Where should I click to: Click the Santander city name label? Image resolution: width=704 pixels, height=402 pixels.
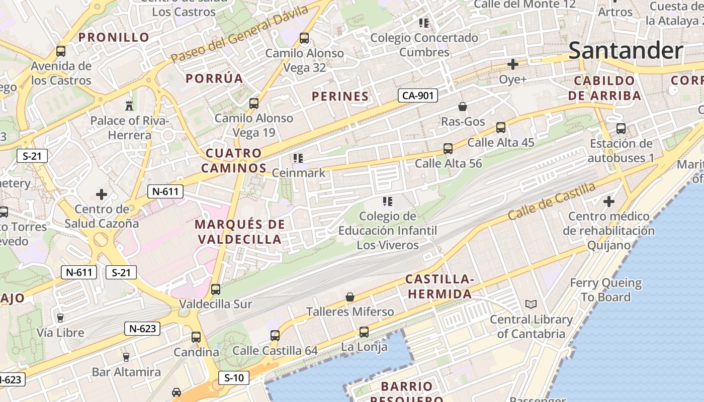(x=626, y=51)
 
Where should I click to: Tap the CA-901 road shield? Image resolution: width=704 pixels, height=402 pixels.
(x=417, y=95)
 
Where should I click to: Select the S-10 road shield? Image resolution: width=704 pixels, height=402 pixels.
(x=234, y=378)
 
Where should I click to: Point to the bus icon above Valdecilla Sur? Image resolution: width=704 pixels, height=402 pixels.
(x=216, y=289)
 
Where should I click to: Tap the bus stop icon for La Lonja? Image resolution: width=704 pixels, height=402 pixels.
(x=364, y=332)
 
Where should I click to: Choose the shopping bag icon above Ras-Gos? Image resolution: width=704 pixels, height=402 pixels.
(x=463, y=107)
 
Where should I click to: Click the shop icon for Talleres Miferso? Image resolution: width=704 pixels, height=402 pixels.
(x=350, y=297)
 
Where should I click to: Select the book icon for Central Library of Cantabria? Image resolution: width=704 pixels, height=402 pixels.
(x=531, y=304)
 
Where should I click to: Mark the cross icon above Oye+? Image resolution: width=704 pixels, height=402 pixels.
(x=513, y=64)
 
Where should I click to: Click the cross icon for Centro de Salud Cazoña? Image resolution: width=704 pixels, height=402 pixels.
(x=102, y=194)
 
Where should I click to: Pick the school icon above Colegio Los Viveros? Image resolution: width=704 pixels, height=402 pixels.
(x=387, y=202)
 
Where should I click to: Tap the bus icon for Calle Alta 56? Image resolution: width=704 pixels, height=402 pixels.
(x=448, y=149)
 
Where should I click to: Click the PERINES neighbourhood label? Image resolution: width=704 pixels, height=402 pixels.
(x=340, y=96)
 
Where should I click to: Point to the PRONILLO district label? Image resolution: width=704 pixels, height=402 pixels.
(x=114, y=37)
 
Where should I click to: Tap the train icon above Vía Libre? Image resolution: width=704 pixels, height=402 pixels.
(x=60, y=318)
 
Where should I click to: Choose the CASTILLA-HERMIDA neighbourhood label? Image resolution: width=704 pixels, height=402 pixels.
(x=439, y=286)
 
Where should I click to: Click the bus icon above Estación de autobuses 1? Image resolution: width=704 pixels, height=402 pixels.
(x=621, y=129)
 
